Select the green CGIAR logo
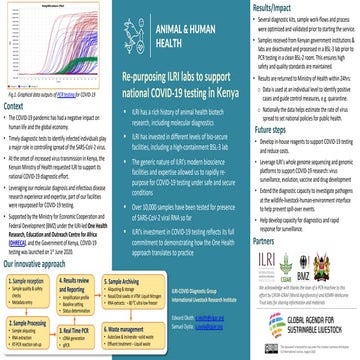click(x=297, y=265)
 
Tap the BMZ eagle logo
click(x=322, y=265)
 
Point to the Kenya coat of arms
click(x=346, y=265)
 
